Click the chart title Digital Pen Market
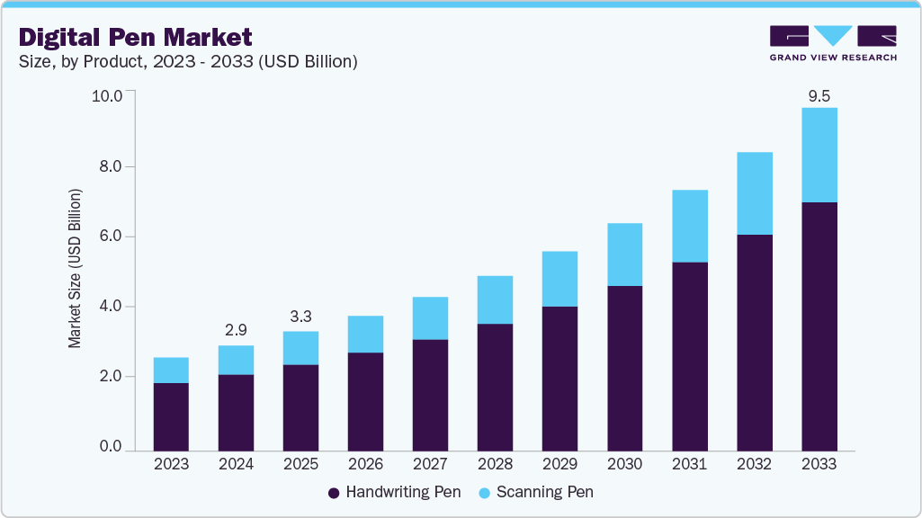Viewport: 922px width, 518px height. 136,37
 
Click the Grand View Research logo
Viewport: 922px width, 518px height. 833,43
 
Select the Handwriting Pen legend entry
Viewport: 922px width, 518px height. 394,492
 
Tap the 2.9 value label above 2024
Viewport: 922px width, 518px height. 236,329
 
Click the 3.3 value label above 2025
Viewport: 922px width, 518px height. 300,316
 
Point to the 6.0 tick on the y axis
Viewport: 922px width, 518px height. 112,237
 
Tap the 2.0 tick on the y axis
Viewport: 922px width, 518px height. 112,377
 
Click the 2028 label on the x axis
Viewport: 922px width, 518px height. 495,464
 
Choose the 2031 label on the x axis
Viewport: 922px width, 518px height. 689,464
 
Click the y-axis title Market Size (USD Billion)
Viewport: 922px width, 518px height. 76,269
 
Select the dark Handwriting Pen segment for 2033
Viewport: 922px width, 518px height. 819,326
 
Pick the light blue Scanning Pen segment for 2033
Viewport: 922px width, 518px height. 819,155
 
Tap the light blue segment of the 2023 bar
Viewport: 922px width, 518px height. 171,370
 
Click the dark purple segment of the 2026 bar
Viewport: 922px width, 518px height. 365,401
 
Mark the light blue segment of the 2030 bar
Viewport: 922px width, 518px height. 624,255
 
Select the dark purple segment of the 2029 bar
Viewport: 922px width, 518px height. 559,378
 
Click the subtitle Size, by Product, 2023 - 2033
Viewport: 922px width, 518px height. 189,62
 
